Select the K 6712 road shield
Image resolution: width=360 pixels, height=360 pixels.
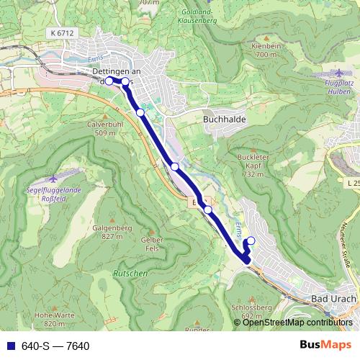point(63,33)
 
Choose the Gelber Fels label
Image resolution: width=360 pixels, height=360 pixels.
point(152,243)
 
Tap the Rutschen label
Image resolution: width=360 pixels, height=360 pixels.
point(130,274)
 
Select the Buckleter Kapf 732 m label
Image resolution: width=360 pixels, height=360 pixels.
point(252,166)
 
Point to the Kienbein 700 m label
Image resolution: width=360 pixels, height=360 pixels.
point(266,50)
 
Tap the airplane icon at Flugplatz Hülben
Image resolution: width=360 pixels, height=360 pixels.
point(340,73)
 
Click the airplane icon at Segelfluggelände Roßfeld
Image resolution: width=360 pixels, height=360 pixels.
point(53,179)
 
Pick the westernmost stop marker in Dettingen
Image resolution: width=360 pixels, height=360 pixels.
point(109,81)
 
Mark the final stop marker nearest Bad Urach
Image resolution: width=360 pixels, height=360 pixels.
point(251,241)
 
